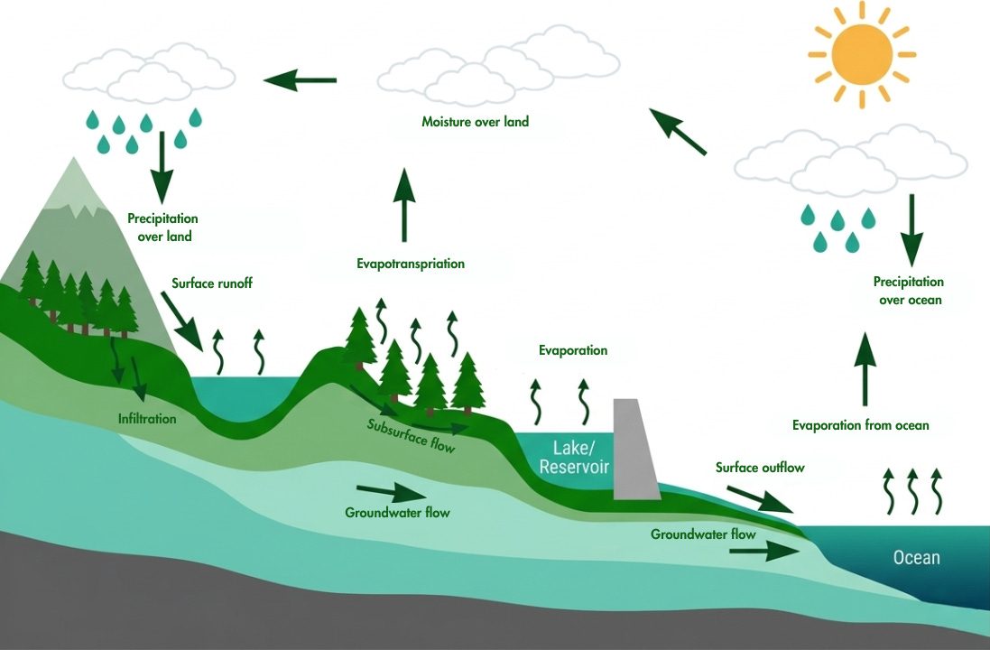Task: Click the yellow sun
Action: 861,53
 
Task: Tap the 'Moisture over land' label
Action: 475,121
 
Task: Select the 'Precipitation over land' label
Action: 162,227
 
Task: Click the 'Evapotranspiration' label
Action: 410,265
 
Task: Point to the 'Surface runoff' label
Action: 212,283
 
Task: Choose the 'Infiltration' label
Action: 147,419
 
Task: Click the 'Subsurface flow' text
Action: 411,434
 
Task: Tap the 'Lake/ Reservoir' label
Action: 573,458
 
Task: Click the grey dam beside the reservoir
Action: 635,450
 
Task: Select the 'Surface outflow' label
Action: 759,468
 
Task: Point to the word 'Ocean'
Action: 916,558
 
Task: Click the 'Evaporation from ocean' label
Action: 860,425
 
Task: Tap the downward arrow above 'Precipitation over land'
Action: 162,166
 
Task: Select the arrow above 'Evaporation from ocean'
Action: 865,367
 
